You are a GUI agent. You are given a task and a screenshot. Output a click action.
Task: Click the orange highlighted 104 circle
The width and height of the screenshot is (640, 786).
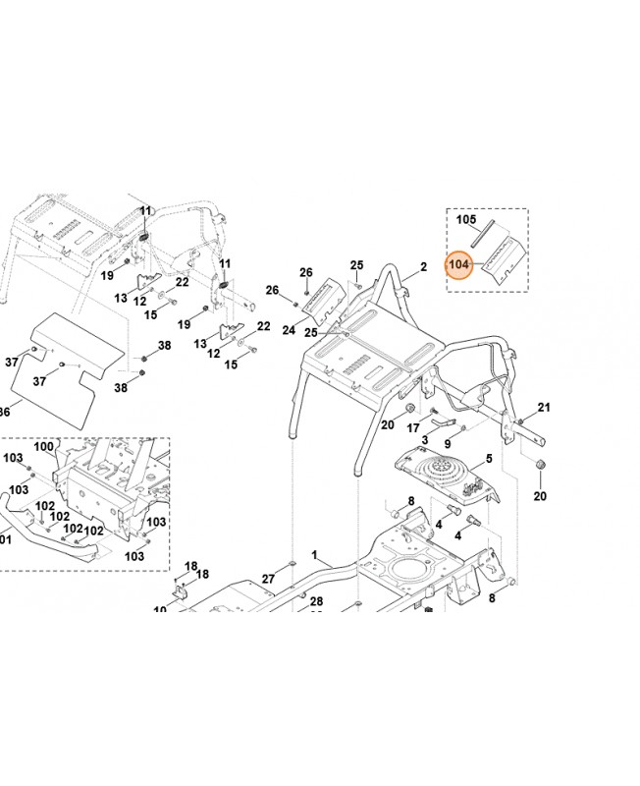(x=459, y=265)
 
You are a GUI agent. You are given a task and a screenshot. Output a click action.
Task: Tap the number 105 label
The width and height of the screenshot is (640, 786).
(x=465, y=220)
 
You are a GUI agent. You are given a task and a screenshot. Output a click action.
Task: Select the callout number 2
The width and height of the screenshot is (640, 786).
(x=423, y=266)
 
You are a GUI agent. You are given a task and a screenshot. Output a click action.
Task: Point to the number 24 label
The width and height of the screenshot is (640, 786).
(x=289, y=330)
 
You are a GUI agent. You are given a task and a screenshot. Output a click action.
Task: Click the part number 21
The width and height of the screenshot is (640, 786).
(x=544, y=408)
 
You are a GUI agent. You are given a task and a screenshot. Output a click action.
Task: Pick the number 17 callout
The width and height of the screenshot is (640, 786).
(x=413, y=427)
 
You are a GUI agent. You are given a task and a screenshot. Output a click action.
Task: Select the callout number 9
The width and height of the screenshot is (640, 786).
(x=448, y=444)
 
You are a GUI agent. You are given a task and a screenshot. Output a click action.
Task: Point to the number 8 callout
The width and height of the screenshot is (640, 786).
(x=410, y=501)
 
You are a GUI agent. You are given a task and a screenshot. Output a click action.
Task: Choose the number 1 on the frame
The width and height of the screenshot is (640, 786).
(x=315, y=555)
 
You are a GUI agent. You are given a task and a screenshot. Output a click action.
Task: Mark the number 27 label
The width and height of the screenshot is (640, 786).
(x=267, y=579)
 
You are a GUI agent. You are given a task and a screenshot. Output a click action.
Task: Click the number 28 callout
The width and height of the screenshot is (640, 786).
(x=316, y=600)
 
